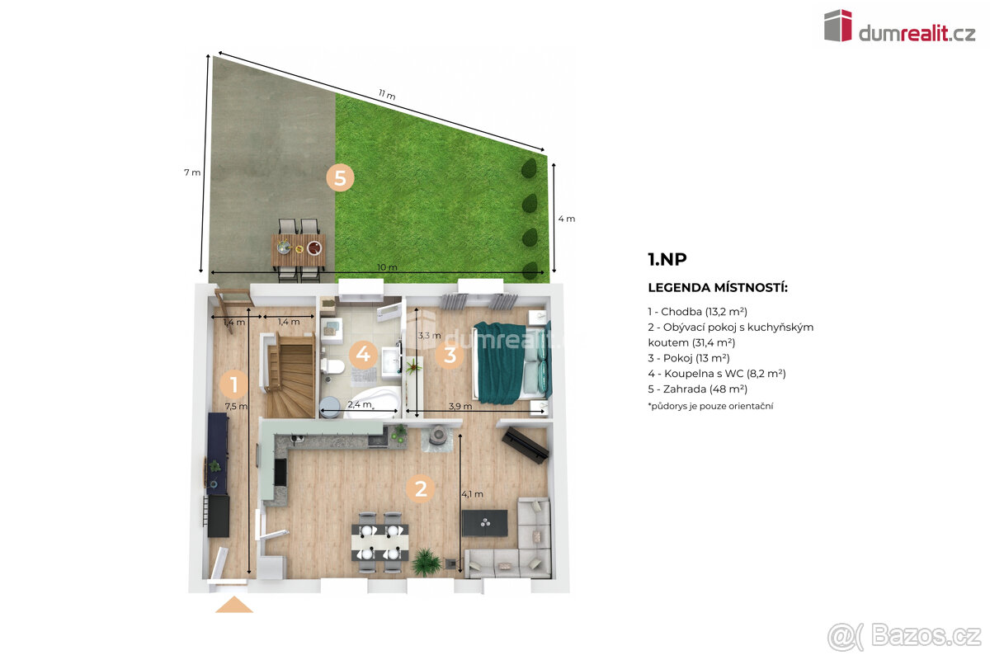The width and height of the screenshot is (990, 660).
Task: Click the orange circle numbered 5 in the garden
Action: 340,178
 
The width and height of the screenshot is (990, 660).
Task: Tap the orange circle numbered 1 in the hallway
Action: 233,384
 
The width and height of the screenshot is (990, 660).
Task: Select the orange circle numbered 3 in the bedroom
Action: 450,355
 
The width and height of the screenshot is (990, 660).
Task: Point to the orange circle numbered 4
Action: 363,354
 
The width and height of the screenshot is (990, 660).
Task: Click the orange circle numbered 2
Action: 421,488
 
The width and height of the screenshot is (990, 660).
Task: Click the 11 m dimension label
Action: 387,95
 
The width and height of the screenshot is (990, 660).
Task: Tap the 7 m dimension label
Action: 192,172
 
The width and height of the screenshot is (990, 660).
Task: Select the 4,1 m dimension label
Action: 473,494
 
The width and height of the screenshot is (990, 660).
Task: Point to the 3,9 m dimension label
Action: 460,406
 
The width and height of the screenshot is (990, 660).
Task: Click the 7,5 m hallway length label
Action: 236,406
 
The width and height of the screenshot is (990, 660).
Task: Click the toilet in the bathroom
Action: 333,366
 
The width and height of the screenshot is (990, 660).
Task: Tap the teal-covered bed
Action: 511,362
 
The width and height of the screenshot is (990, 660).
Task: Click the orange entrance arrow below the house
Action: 233,604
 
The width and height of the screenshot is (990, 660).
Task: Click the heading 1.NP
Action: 667,259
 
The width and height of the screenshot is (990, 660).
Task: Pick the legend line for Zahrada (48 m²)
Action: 697,389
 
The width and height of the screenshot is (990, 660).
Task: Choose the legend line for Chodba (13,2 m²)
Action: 697,312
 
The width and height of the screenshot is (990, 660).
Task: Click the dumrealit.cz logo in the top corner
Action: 900,26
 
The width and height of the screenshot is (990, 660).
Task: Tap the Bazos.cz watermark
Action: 905,636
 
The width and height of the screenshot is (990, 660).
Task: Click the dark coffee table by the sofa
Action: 484,523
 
